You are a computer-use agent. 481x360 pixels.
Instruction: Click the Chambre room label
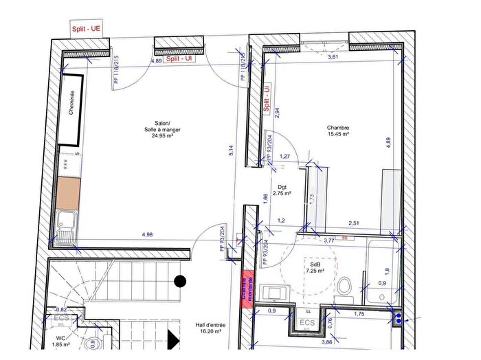click(x=338, y=131)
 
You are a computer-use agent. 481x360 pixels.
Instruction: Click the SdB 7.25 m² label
click(x=315, y=267)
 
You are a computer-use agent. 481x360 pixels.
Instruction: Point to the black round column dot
click(x=180, y=280)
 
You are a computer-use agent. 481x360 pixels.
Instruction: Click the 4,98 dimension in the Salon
click(x=147, y=235)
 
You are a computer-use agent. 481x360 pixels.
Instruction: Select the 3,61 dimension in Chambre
click(x=333, y=57)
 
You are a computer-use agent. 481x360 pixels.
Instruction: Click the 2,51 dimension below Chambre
click(x=354, y=223)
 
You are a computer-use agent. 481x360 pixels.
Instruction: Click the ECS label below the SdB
click(x=307, y=323)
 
